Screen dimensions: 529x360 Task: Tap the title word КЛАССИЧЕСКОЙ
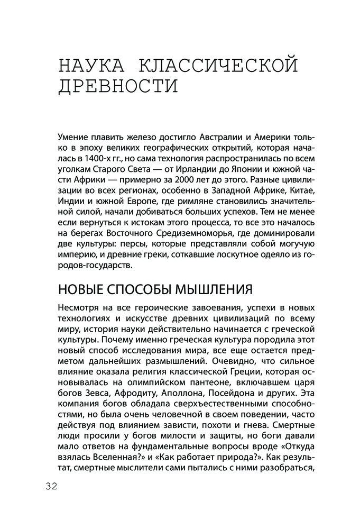click(x=217, y=67)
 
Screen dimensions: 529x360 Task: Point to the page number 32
click(x=51, y=486)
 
